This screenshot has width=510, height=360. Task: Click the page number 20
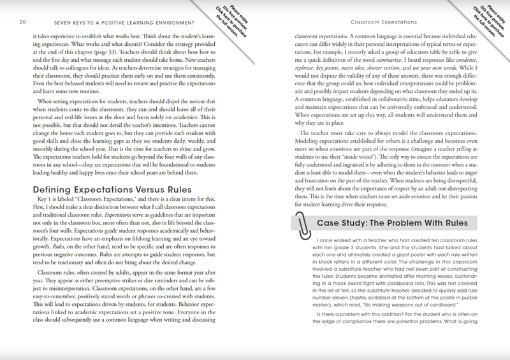pyautogui.click(x=22, y=22)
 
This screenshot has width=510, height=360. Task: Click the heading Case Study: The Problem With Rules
pyautogui.click(x=396, y=224)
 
